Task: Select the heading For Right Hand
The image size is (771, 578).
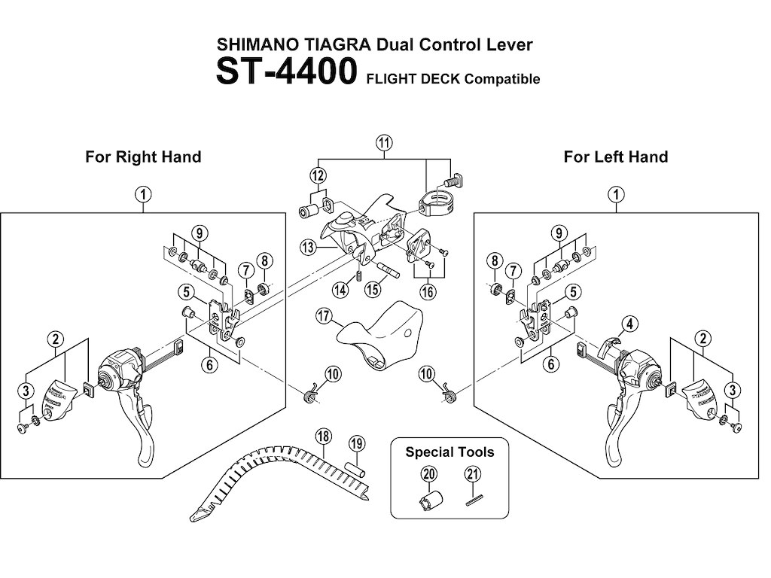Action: pos(143,157)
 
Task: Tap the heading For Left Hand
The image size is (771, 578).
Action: pos(615,157)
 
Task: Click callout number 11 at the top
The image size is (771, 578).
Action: pos(385,143)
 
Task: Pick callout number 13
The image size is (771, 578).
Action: pos(307,247)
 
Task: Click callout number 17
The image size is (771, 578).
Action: pos(325,317)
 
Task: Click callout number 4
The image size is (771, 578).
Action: pos(629,324)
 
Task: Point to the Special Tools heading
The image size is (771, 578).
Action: pos(449,452)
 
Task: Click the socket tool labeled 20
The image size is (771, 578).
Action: pos(428,500)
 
